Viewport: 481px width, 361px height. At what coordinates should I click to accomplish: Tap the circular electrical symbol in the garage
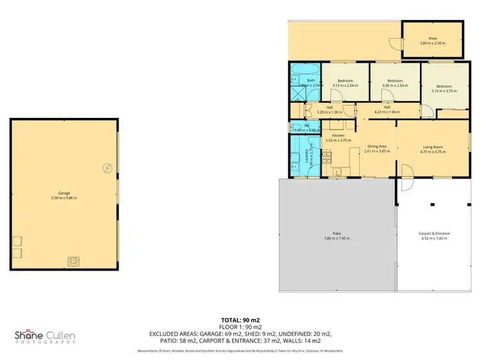point(107,169)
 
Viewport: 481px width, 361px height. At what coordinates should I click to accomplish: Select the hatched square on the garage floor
point(74,261)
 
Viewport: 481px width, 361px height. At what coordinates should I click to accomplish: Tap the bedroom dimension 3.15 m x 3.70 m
point(444,92)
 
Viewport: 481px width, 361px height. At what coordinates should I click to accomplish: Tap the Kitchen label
point(339,136)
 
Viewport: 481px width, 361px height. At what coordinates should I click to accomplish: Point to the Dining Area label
point(377,147)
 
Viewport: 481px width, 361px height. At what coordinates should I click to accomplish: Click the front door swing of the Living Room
point(405,170)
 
